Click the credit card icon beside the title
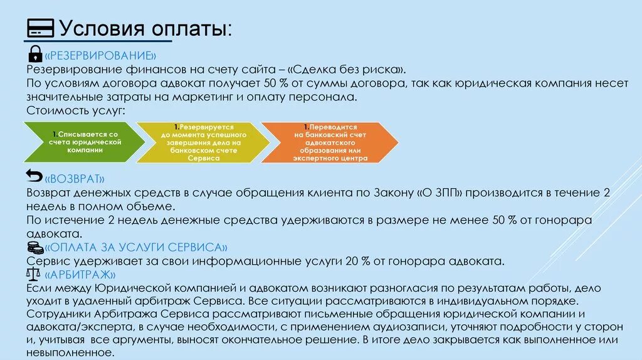41,28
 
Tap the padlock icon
35,53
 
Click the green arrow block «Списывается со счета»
82,142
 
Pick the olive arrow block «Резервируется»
199,142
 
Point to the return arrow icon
34,175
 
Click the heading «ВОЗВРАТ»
74,178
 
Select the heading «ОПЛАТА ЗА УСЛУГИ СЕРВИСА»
136,247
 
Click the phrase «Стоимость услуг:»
76,110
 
